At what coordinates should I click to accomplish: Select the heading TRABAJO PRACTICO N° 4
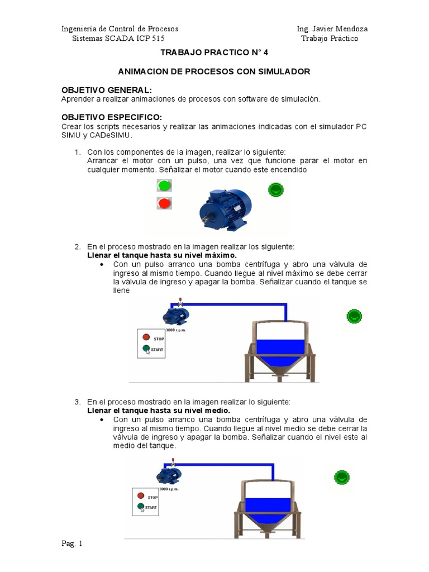(x=214, y=53)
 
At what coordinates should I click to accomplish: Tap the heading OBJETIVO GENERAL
(x=106, y=90)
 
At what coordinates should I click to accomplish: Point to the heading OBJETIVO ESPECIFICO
(x=112, y=117)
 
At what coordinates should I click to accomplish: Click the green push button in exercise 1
(x=164, y=185)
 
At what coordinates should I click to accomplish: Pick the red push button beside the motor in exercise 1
(x=164, y=203)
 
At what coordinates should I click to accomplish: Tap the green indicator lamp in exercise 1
(x=276, y=190)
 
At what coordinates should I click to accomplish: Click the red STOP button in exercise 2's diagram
(x=146, y=337)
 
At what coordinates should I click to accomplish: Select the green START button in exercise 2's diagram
(x=146, y=349)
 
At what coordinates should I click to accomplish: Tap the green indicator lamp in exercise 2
(x=354, y=317)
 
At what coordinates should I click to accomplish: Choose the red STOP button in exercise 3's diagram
(x=141, y=495)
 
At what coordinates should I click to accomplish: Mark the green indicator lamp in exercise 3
(x=341, y=477)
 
